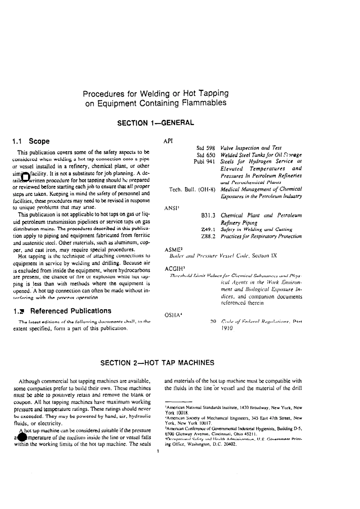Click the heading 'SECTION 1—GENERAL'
[155, 123]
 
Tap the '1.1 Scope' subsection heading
[31, 141]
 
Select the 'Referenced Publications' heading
[71, 311]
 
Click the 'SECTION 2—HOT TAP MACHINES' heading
[157, 363]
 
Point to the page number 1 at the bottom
[157, 451]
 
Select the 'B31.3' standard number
[208, 215]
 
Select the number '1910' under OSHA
[227, 328]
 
